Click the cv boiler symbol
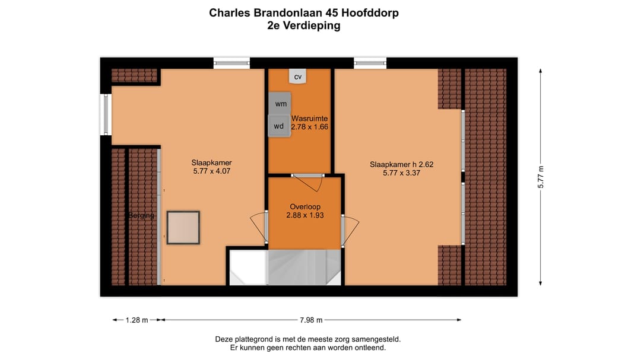click(x=298, y=77)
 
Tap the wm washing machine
click(x=280, y=104)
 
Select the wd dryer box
click(x=279, y=126)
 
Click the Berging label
click(x=141, y=215)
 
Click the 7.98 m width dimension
click(x=311, y=320)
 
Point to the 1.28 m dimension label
click(x=137, y=320)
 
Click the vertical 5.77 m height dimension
click(x=541, y=177)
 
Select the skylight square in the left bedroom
click(x=183, y=228)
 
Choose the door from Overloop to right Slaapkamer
click(x=350, y=228)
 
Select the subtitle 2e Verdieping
click(x=304, y=26)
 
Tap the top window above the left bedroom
click(x=231, y=63)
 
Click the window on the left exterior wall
click(x=106, y=114)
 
